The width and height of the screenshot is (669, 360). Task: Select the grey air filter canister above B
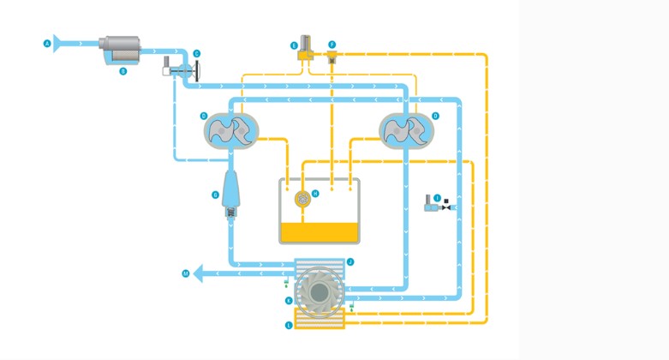coord(122,48)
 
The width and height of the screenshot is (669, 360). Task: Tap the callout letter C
coord(197,54)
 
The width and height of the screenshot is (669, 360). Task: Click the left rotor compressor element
coord(230,129)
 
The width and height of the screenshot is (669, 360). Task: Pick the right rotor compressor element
coord(407,129)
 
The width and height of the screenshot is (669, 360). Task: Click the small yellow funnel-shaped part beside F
coord(331,57)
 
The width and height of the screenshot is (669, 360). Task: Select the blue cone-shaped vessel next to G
coord(232,189)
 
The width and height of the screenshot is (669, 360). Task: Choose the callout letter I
coord(438,196)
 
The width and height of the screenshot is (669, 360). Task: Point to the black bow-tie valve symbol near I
coord(451,208)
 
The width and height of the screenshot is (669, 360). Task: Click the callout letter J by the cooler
coord(351,261)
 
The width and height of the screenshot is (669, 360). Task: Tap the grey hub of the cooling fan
coord(318,291)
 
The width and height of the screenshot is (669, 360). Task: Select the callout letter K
coord(289,301)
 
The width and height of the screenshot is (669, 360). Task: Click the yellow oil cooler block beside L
coord(319,321)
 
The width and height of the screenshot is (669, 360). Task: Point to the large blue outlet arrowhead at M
coord(199,274)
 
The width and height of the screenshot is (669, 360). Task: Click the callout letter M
coord(185,274)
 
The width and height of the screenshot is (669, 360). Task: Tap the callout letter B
coord(123,70)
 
